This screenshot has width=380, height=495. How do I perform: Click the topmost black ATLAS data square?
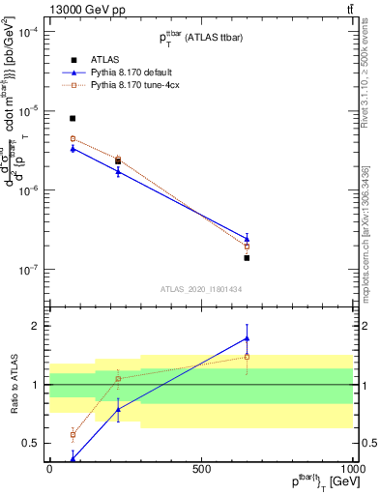[x=73, y=118]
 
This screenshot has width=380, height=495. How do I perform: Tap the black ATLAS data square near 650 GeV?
[x=247, y=258]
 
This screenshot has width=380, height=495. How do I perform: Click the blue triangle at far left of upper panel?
[x=73, y=148]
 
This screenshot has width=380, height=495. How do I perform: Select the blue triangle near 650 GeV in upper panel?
[x=247, y=238]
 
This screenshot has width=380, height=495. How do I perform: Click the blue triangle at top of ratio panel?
[x=247, y=338]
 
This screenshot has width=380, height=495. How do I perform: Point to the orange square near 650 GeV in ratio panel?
[x=247, y=357]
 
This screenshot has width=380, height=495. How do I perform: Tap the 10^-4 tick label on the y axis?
[x=27, y=31]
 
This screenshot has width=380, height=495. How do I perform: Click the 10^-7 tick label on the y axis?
[x=27, y=270]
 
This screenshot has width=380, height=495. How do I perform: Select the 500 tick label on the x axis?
[x=201, y=468]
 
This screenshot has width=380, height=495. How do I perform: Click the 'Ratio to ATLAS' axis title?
[x=14, y=384]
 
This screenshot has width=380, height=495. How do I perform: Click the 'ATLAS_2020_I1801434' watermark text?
[x=200, y=288]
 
